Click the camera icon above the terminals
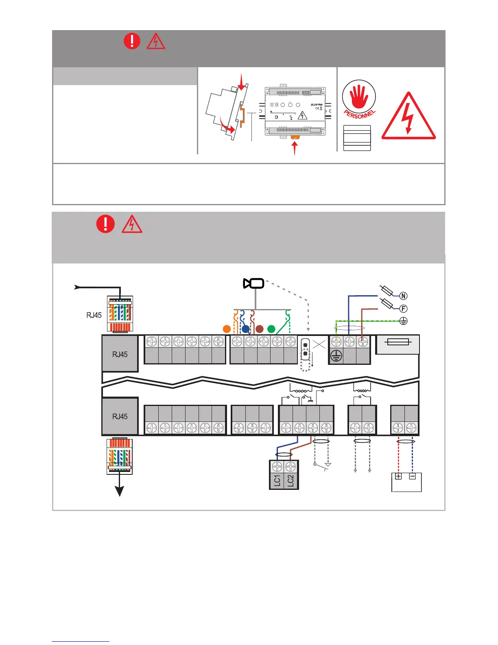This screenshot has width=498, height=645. (x=254, y=283)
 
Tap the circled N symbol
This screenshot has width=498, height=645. (x=403, y=296)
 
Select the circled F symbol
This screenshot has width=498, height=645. (x=403, y=309)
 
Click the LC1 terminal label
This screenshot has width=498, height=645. (x=277, y=480)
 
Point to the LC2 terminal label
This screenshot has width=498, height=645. (x=290, y=480)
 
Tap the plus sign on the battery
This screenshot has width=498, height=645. (x=398, y=476)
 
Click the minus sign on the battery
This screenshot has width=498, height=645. (x=412, y=476)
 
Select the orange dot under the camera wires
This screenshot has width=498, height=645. (x=227, y=329)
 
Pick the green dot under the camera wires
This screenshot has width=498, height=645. (x=271, y=329)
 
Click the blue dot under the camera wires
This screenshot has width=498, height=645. (x=246, y=329)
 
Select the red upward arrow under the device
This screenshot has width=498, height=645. (x=295, y=149)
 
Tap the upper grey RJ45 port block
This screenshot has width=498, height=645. (x=120, y=354)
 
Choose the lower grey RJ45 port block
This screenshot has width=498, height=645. (x=120, y=416)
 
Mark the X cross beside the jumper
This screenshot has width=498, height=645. (x=319, y=344)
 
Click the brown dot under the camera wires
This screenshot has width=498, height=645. (x=260, y=329)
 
